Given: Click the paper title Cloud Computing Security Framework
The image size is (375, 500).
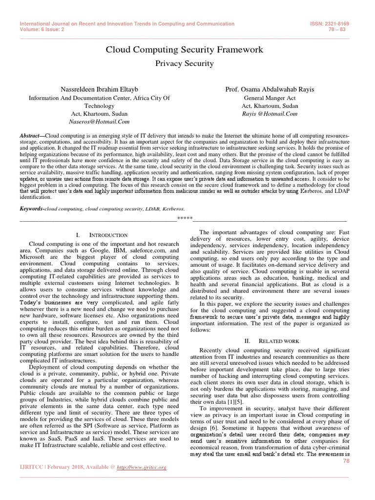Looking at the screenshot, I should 185,50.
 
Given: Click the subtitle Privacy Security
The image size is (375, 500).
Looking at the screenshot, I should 184,63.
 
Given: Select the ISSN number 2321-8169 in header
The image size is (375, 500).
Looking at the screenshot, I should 339,23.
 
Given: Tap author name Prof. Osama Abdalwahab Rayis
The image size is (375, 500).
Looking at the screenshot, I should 270,90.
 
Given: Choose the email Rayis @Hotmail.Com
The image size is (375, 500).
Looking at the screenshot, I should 270,114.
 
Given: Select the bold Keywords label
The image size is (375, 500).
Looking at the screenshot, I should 31,208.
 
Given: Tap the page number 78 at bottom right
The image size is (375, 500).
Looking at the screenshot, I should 347,460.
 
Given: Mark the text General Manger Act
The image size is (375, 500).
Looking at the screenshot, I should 270,98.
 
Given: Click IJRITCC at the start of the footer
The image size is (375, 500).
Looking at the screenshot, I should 30,467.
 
